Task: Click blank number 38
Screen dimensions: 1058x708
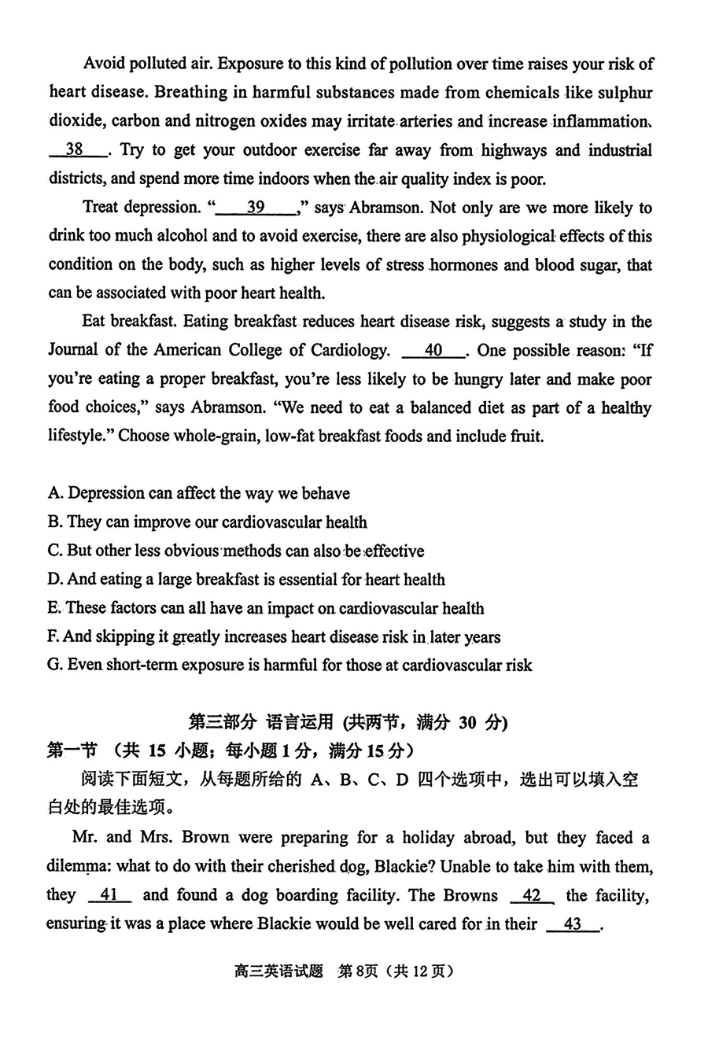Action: [76, 150]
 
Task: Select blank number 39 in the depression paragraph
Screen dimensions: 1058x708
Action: [256, 208]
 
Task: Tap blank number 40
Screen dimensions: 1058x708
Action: [433, 351]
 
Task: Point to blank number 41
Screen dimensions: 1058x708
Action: [109, 895]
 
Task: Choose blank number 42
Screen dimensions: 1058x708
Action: [532, 895]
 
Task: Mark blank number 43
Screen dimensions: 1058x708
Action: [572, 924]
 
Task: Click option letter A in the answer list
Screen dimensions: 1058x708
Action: [54, 494]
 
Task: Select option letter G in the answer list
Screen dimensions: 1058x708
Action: [54, 665]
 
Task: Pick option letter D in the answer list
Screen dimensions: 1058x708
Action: [54, 580]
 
